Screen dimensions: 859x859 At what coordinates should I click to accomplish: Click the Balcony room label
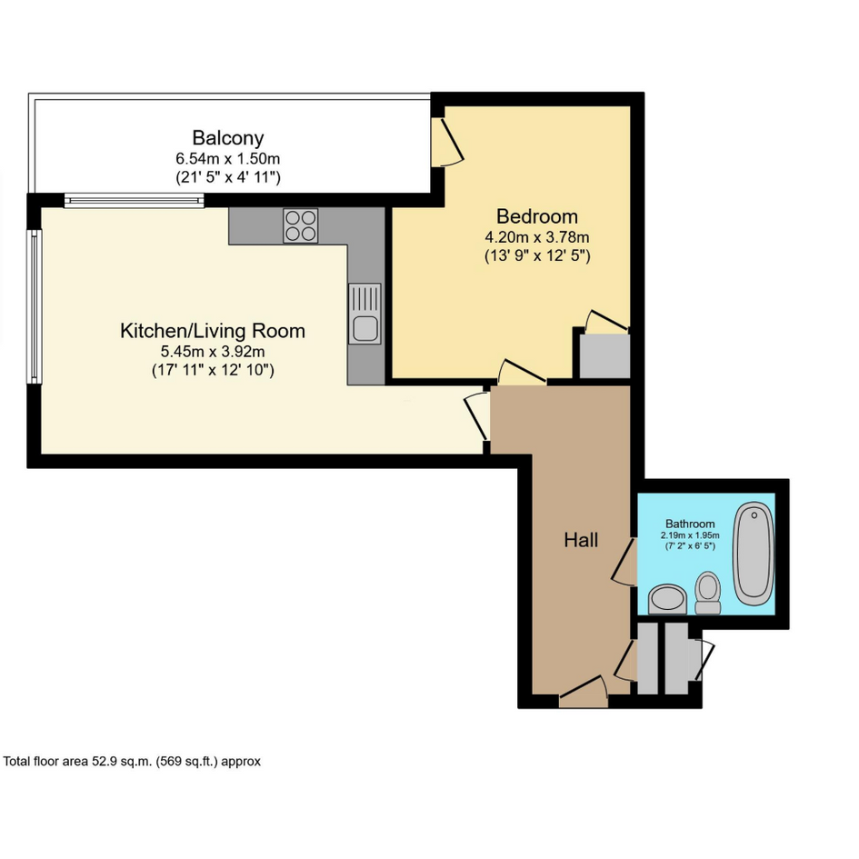228,137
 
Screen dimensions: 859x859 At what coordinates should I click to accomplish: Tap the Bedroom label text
537,216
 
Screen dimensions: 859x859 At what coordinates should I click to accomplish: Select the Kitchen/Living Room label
213,331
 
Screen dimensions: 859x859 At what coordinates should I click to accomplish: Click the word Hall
581,540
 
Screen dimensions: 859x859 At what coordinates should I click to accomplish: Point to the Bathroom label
690,524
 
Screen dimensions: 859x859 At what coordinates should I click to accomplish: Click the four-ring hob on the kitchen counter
301,225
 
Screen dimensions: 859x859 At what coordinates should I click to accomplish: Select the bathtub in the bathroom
754,554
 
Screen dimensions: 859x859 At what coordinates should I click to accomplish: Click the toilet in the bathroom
708,593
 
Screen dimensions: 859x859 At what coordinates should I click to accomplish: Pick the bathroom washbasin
667,599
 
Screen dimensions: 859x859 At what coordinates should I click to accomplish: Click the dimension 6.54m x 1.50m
228,159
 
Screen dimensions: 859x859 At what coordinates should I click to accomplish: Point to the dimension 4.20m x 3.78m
537,237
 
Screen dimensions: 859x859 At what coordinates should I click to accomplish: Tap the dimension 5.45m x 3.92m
213,351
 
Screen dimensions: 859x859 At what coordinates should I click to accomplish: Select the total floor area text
132,761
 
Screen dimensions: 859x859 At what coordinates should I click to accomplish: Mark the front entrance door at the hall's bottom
584,692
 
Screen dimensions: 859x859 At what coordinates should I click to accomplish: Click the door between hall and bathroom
624,562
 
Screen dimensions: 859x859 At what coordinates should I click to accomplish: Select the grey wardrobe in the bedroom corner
604,356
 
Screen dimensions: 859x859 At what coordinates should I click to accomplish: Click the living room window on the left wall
35,306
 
